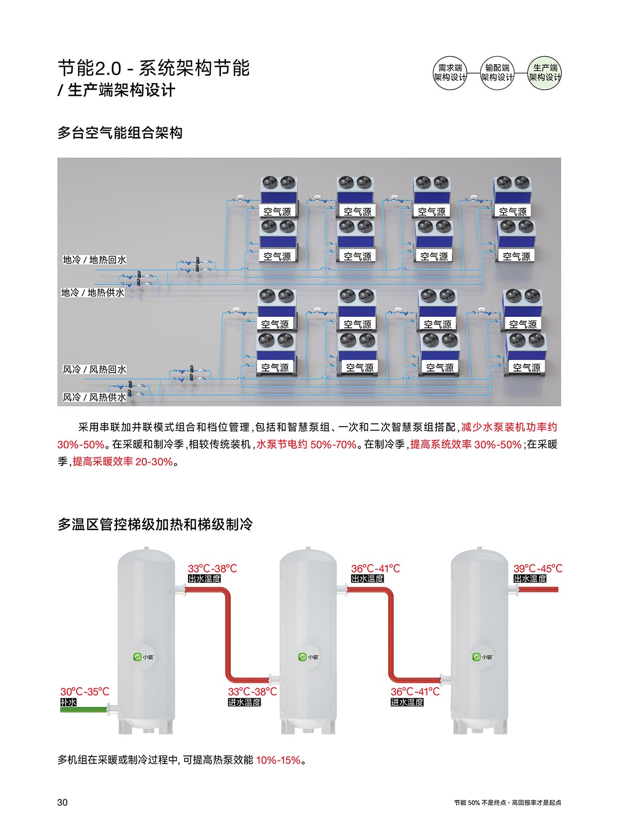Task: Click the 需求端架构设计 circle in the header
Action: (450, 73)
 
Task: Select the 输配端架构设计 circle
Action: (497, 73)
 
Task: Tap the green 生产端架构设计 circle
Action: (544, 73)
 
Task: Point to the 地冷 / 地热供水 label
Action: (93, 292)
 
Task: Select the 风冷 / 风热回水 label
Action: (95, 370)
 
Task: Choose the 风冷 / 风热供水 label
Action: (95, 397)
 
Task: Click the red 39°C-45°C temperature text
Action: (538, 568)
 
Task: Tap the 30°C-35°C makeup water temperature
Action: (85, 692)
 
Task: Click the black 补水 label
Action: (68, 702)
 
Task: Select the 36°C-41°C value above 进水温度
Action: (415, 692)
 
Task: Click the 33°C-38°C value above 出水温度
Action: (212, 568)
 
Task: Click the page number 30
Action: (63, 802)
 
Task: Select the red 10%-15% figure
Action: (278, 760)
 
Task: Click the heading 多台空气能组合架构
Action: (120, 133)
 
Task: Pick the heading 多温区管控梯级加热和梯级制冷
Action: (155, 524)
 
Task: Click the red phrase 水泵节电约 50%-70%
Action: (307, 445)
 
